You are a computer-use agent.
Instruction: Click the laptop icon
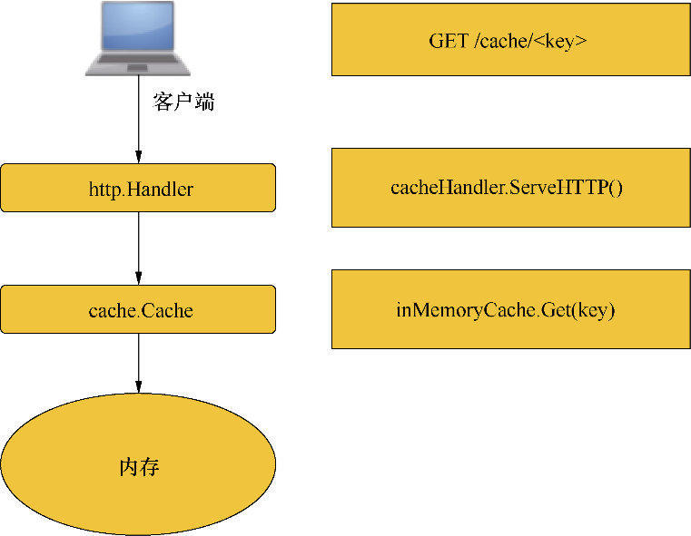(x=138, y=38)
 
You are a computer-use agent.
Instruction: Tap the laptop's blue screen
(x=139, y=28)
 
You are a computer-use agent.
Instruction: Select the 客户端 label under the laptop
(x=184, y=102)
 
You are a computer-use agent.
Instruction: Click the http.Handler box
(x=138, y=188)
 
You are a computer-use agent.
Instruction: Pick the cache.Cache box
(x=138, y=309)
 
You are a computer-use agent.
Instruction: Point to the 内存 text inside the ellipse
(x=139, y=468)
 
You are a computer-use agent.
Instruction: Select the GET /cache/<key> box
(x=509, y=40)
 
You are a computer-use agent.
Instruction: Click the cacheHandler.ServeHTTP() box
(x=509, y=188)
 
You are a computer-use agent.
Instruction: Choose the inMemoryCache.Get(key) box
(x=509, y=309)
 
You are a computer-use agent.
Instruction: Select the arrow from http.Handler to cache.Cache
(x=138, y=245)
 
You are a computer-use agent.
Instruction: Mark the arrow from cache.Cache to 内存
(x=138, y=363)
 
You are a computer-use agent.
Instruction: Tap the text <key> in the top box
(x=566, y=41)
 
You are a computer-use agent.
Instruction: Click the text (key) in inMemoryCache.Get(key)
(x=597, y=310)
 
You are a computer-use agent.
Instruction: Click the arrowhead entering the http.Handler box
(x=138, y=157)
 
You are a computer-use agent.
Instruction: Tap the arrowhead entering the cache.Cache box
(x=138, y=278)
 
